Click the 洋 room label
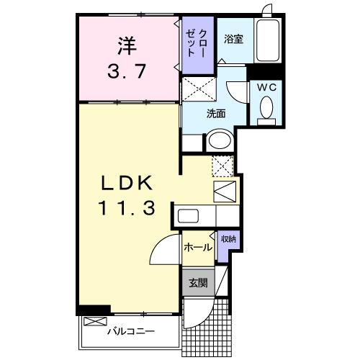(127, 45)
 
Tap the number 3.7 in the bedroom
(127, 71)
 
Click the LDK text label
(127, 183)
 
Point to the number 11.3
(127, 208)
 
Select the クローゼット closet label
(196, 43)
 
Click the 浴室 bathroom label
(233, 39)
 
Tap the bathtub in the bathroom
(268, 41)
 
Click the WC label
(266, 87)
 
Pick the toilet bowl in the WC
(266, 107)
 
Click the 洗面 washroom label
(216, 114)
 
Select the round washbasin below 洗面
(220, 140)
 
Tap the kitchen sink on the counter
(188, 216)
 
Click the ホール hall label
(198, 247)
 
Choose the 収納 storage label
(228, 239)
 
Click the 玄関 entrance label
(198, 283)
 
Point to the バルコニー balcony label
(131, 332)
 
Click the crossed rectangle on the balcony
(95, 321)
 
